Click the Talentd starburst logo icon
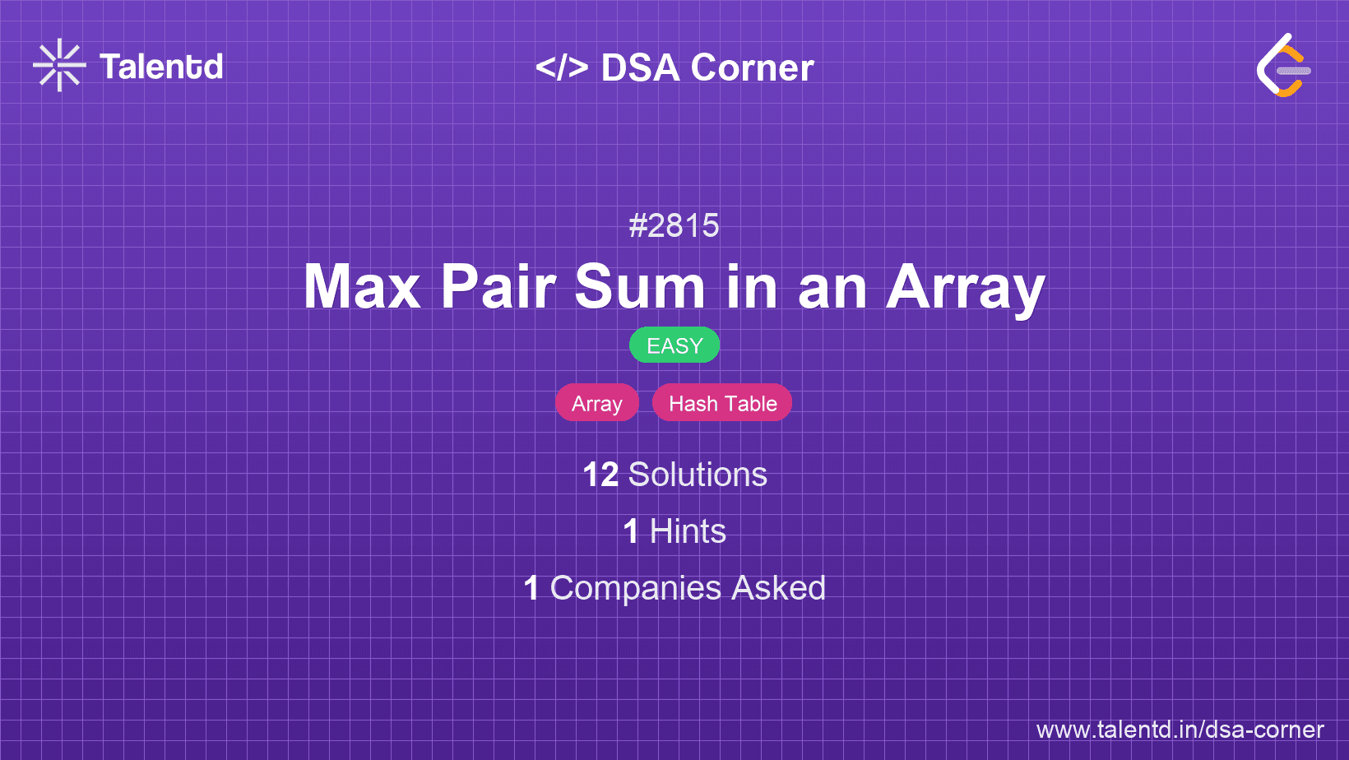point(59,65)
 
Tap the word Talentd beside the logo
point(161,67)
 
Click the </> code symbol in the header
point(561,67)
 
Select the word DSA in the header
point(640,67)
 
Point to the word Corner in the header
point(752,67)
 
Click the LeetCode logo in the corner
point(1283,65)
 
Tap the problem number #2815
point(674,226)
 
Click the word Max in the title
point(362,287)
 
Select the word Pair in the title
point(498,287)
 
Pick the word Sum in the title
point(640,287)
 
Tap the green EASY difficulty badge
point(674,345)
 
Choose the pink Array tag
point(597,402)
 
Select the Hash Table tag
point(722,402)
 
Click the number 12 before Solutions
point(600,475)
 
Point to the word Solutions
point(698,475)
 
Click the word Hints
point(688,531)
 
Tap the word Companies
point(635,588)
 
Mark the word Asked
point(778,588)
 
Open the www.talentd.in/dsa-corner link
point(1180,730)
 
